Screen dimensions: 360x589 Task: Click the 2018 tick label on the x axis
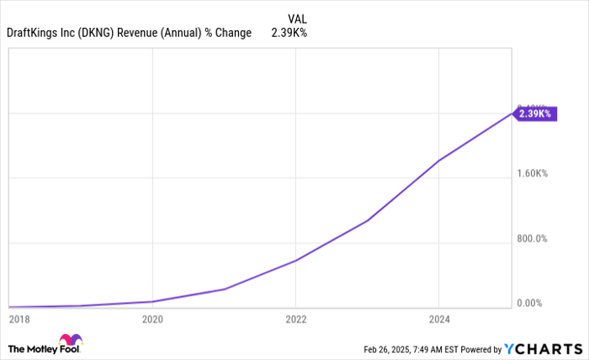[19, 319]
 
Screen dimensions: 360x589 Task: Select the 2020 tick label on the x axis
[152, 319]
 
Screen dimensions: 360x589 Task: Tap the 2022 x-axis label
[296, 319]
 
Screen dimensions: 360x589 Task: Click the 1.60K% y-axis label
[533, 174]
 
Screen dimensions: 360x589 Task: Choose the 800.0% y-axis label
[533, 239]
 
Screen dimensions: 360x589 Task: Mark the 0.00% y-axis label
[533, 304]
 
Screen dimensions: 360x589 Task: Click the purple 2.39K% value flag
[533, 113]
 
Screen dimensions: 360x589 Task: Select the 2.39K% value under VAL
[289, 34]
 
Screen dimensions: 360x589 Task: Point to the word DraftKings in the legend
[33, 34]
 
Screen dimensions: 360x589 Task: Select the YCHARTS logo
[544, 348]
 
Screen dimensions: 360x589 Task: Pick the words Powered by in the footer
[479, 348]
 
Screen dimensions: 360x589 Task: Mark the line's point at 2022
[296, 261]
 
